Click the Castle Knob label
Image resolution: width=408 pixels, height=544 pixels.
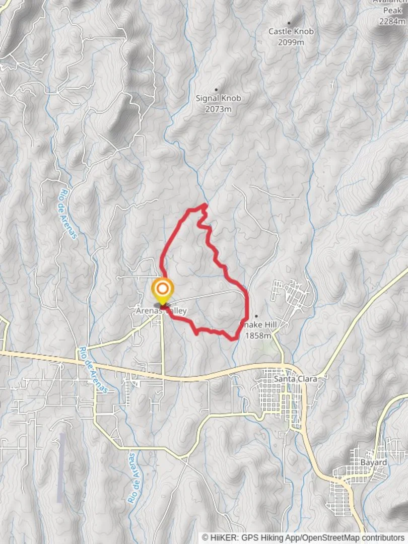point(291,31)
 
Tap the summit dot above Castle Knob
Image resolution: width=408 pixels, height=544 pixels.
point(289,23)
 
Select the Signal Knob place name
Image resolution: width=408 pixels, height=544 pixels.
point(218,98)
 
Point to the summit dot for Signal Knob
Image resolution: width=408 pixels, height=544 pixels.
point(217,90)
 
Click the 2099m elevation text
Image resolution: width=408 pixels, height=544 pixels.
point(291,42)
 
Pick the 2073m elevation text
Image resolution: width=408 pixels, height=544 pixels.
point(218,109)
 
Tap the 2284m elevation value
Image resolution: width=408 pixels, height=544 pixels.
point(393,21)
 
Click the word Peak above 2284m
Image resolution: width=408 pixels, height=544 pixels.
point(393,10)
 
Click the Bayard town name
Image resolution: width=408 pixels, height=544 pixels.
point(374,462)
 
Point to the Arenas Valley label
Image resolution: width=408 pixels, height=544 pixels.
point(161,311)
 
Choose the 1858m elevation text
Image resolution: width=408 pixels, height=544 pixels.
point(258,335)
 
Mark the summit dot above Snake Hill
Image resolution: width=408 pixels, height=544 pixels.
point(256,316)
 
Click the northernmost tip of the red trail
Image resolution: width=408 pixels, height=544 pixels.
point(205,204)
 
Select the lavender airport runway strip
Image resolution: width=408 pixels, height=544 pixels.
point(61,467)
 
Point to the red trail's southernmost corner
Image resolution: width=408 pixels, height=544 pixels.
point(234,339)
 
